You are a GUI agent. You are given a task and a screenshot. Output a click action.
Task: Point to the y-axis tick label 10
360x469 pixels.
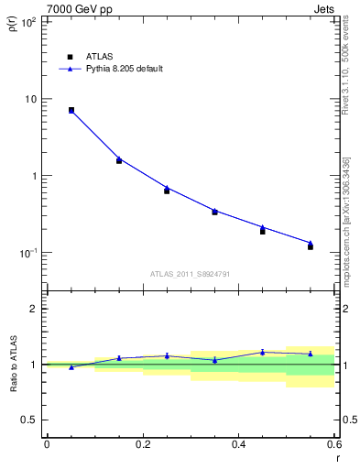pyautogui.click(x=31, y=99)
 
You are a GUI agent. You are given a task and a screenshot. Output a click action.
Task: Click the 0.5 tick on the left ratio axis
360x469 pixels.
pyautogui.click(x=28, y=420)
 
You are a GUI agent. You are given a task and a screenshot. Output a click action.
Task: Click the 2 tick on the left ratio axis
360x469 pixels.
pyautogui.click(x=34, y=309)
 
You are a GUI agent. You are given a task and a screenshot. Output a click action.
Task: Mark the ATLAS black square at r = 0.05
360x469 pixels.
pyautogui.click(x=71, y=110)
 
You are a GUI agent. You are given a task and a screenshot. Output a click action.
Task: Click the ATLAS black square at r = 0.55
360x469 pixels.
pyautogui.click(x=311, y=246)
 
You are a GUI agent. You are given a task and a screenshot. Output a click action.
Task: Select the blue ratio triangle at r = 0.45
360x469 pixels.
pyautogui.click(x=263, y=352)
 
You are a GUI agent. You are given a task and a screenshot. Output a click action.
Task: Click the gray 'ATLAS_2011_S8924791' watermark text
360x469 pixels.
pyautogui.click(x=189, y=273)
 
